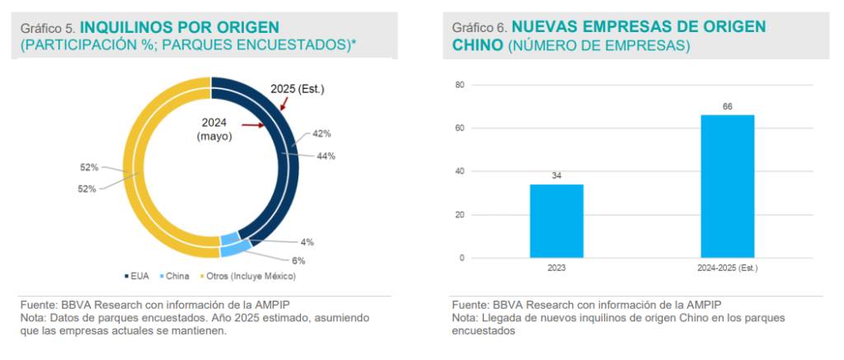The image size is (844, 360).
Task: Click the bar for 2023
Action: coord(556,221)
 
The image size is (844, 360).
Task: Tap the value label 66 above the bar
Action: coord(728,106)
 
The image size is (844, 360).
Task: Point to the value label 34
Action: coord(556,175)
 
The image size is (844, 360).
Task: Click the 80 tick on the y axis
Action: coord(460,85)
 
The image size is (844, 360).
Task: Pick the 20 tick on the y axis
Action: coord(460,215)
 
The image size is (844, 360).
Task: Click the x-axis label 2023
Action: coord(556,269)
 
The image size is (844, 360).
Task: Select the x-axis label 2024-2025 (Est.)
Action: coord(727,269)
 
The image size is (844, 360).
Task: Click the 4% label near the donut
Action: coord(307,242)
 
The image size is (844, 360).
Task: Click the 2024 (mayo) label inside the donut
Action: coord(213,129)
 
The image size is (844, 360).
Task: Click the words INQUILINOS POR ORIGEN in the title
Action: coord(180,27)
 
